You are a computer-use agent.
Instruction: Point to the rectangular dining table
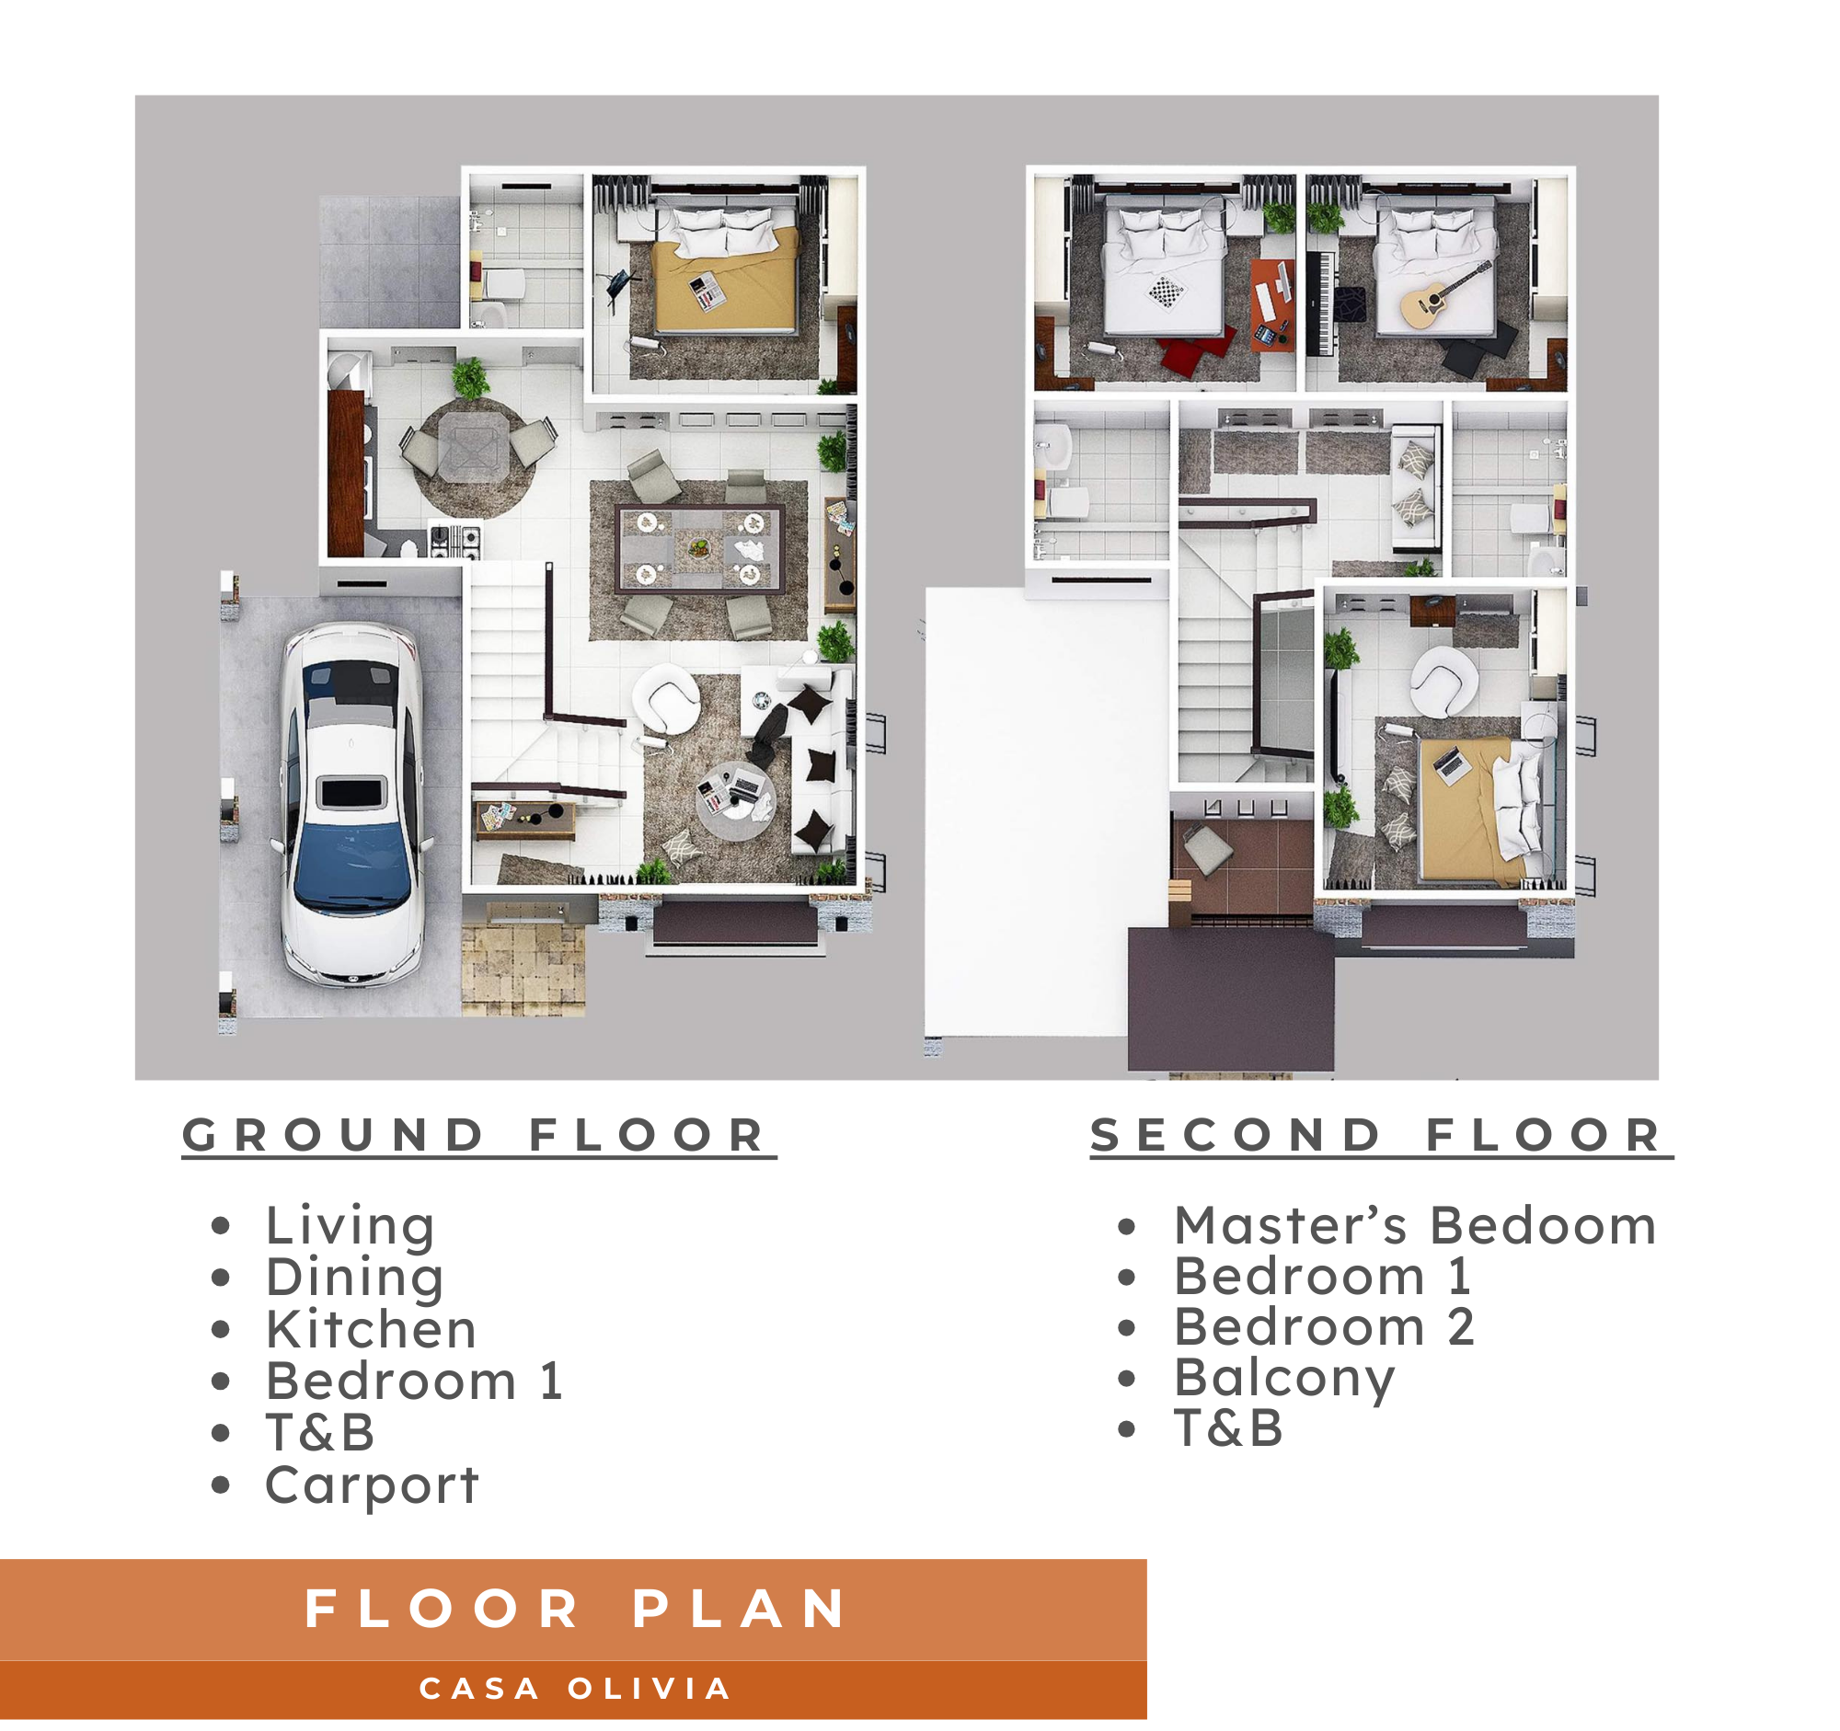(x=700, y=549)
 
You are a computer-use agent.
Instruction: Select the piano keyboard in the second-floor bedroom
(x=1321, y=304)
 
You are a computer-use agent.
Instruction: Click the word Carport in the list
(x=371, y=1485)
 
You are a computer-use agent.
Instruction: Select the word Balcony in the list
(x=1283, y=1378)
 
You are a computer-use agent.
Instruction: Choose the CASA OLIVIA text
(x=575, y=1689)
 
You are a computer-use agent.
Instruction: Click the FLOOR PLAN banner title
(x=575, y=1609)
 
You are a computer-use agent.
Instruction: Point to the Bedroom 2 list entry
(x=1325, y=1326)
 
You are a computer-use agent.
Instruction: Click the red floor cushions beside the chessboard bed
(x=1195, y=349)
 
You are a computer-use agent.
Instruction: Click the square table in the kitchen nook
(x=473, y=447)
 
